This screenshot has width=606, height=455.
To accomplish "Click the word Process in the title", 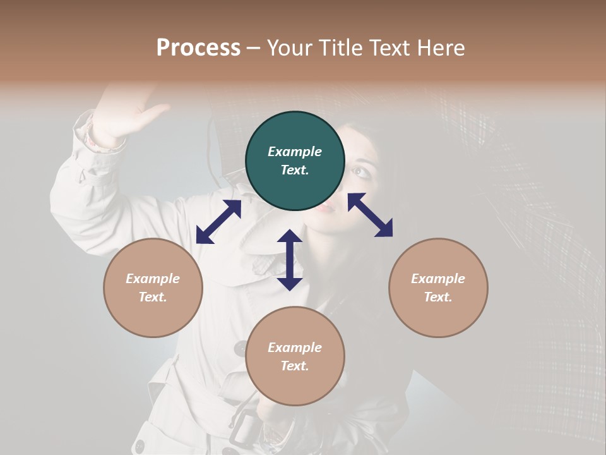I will point(198,48).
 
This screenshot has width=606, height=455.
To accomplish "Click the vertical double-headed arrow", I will point(290,260).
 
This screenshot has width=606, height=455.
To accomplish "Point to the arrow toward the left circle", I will point(218,222).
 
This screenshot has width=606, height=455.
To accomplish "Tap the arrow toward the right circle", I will point(370,215).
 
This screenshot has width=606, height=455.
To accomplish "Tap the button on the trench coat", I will point(241,348).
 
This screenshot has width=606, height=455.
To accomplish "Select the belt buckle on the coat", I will point(242,431).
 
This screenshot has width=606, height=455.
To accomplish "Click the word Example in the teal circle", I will point(295,152).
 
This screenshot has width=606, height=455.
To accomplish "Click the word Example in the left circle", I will point(153,279).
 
